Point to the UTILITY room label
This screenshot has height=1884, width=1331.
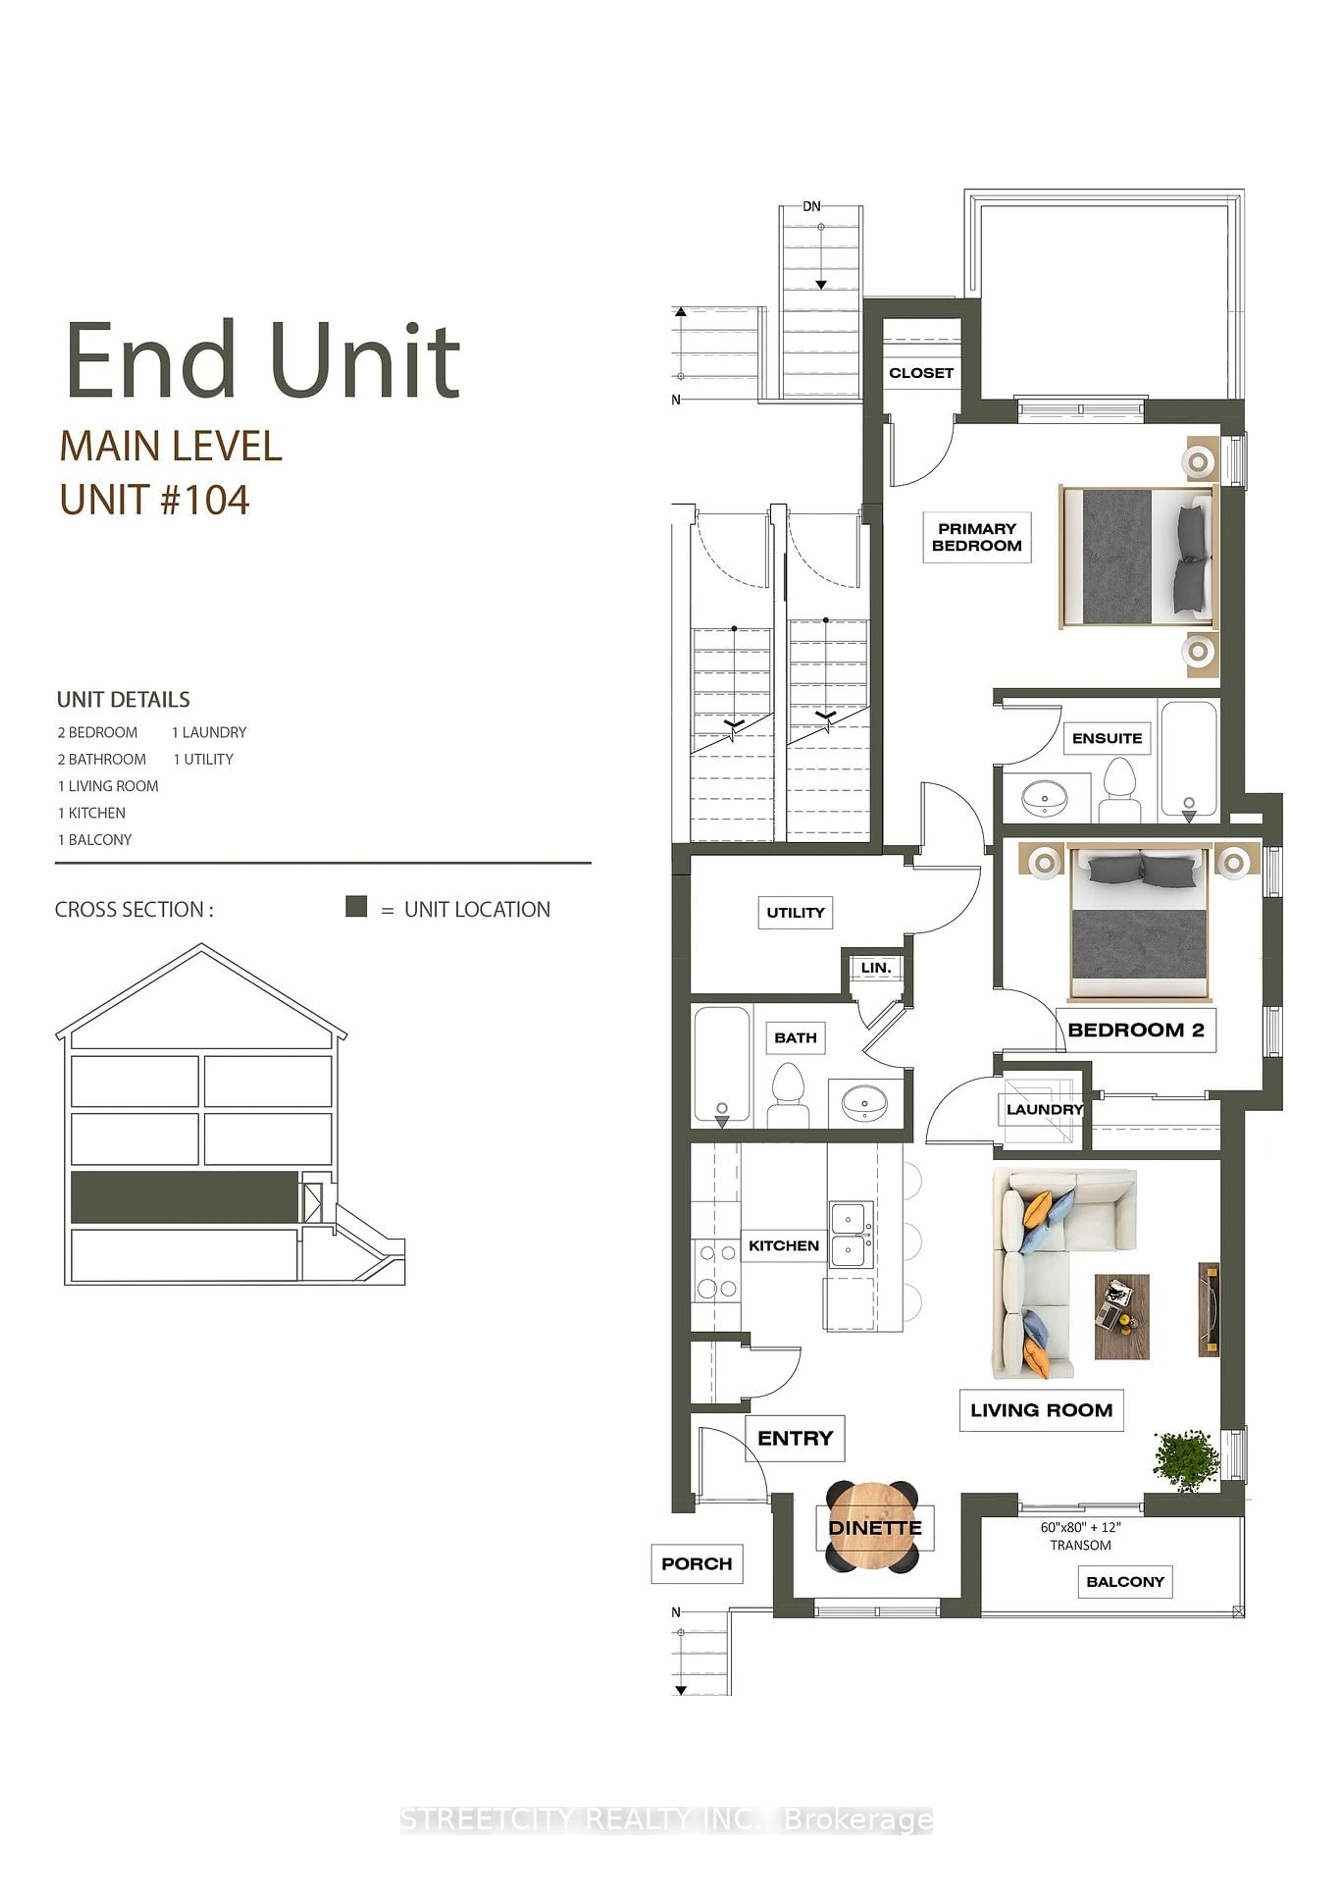795,912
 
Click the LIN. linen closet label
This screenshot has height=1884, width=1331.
875,968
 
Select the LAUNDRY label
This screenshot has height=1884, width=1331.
1044,1109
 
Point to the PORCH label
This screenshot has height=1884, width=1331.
696,1564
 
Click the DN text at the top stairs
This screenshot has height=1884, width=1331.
811,206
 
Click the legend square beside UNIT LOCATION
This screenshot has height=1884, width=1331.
356,906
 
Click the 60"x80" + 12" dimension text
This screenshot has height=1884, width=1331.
1080,1528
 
